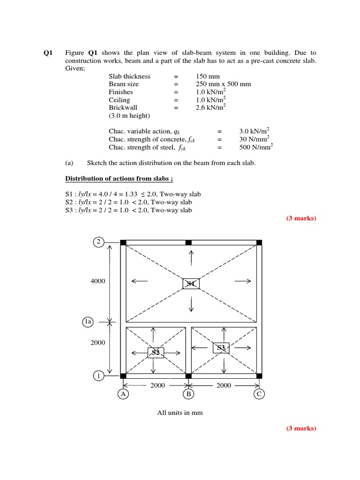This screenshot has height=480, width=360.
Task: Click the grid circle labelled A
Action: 123,394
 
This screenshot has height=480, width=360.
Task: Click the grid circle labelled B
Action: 188,394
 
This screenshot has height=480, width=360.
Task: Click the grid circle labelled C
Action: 259,394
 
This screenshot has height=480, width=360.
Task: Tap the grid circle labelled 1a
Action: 88,322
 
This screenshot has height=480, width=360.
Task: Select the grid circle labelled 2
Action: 98,242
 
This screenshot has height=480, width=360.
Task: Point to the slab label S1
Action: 191,284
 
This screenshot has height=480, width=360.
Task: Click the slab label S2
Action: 156,352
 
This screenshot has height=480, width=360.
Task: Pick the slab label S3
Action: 221,347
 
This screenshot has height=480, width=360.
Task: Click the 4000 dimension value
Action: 98,281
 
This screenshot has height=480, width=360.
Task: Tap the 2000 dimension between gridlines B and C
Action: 224,385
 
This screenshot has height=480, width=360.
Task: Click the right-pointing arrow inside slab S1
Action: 242,281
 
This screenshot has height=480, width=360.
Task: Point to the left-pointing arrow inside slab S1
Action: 140,281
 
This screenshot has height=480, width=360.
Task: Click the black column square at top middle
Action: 188,242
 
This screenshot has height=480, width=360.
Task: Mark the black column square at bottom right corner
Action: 259,375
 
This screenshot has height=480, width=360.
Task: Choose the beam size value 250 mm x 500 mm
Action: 223,84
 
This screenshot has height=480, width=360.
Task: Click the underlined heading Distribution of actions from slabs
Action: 122,179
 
